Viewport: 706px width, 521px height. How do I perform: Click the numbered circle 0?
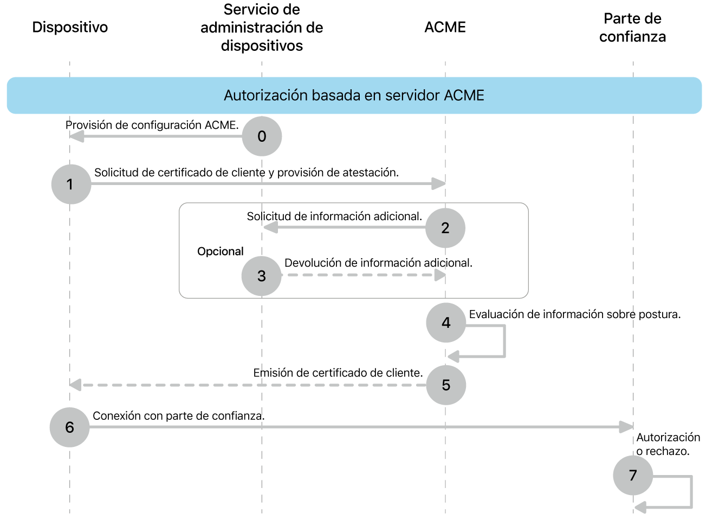pos(262,136)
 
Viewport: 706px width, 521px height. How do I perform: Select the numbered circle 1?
pos(71,184)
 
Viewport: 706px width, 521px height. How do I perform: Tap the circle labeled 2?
pos(445,228)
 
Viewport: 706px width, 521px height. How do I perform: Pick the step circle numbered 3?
pos(262,276)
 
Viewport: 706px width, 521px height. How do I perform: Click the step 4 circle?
pos(446,323)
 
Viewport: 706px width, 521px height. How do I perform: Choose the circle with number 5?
pos(446,385)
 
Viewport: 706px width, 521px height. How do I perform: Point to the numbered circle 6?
pos(69,427)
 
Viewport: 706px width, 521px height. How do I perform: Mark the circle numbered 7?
pos(633,476)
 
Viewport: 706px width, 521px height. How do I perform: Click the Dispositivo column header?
pos(70,27)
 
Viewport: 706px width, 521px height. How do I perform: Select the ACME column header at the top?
pos(445,27)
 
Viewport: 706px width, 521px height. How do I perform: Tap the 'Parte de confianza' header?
pos(632,28)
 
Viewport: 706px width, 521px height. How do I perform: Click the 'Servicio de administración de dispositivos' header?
pos(262,28)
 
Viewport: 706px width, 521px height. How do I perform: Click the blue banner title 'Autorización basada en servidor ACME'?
pos(354,96)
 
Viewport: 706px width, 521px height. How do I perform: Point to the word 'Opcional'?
pos(221,252)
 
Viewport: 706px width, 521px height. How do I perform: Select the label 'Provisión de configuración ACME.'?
pos(152,125)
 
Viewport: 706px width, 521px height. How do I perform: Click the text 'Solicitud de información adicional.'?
pos(334,216)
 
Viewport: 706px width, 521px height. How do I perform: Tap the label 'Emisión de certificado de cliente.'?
pos(338,373)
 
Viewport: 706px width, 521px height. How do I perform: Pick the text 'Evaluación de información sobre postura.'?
pos(575,314)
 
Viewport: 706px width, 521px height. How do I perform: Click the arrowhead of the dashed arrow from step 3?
pos(440,275)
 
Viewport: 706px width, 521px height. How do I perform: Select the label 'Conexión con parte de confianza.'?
pos(179,416)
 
